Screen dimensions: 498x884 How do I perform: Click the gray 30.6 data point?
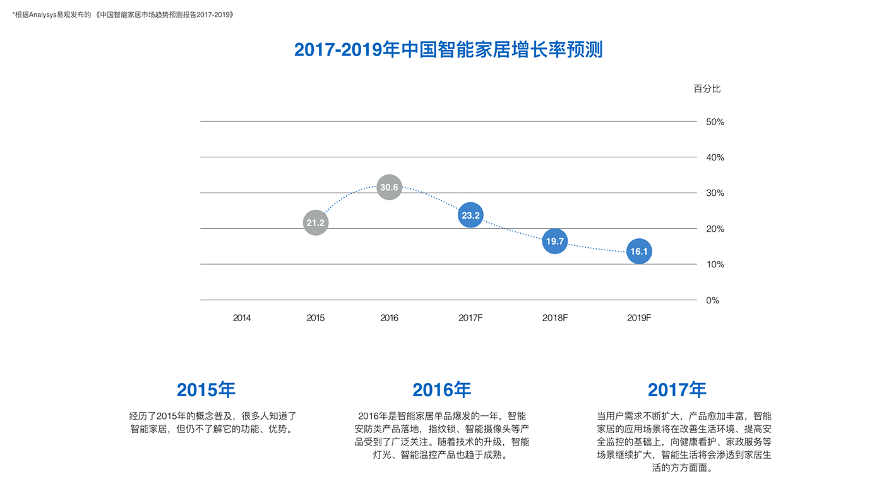(x=389, y=187)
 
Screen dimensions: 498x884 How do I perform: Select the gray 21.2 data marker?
(x=316, y=222)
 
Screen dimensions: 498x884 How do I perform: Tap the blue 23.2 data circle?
(x=470, y=216)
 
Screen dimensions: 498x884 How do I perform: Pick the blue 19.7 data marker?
(x=555, y=241)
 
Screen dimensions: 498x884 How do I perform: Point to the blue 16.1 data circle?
(x=639, y=252)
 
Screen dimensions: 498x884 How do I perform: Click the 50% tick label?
(x=715, y=122)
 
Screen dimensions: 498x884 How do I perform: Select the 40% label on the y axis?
(x=715, y=157)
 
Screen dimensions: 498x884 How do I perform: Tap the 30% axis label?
(x=715, y=193)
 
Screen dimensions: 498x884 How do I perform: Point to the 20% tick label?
(x=715, y=229)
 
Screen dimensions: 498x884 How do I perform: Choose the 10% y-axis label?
(x=715, y=264)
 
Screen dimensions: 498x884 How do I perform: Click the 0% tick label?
(x=712, y=300)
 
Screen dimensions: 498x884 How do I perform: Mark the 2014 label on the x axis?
(x=242, y=318)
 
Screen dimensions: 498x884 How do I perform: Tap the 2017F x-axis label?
(x=470, y=318)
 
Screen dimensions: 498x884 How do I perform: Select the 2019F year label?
(x=639, y=318)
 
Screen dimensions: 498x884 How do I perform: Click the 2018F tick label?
(x=555, y=318)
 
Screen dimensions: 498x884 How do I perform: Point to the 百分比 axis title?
(x=707, y=88)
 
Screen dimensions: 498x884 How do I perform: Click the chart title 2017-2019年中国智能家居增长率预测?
(x=448, y=49)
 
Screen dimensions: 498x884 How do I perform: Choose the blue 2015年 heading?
(x=206, y=389)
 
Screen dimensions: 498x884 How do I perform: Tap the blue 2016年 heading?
(x=441, y=389)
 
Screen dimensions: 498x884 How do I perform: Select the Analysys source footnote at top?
(x=123, y=15)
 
